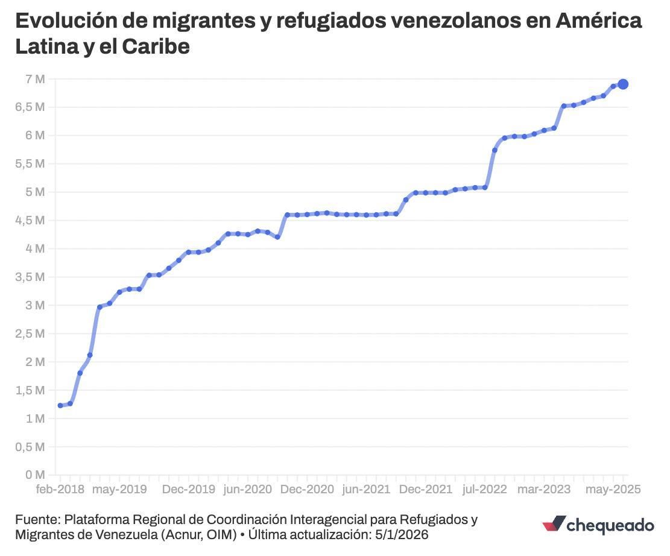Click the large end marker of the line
pos(623,84)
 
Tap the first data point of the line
pos(60,406)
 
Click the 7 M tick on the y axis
pos(35,79)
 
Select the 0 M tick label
pos(35,475)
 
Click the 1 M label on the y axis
pos(35,419)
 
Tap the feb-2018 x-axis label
pos(60,489)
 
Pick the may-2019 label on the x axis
pos(119,489)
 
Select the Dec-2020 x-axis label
pos(306,489)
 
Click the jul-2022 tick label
pos(485,489)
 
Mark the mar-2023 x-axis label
pos(544,489)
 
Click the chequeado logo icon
pos(554,525)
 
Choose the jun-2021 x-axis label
pos(366,489)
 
